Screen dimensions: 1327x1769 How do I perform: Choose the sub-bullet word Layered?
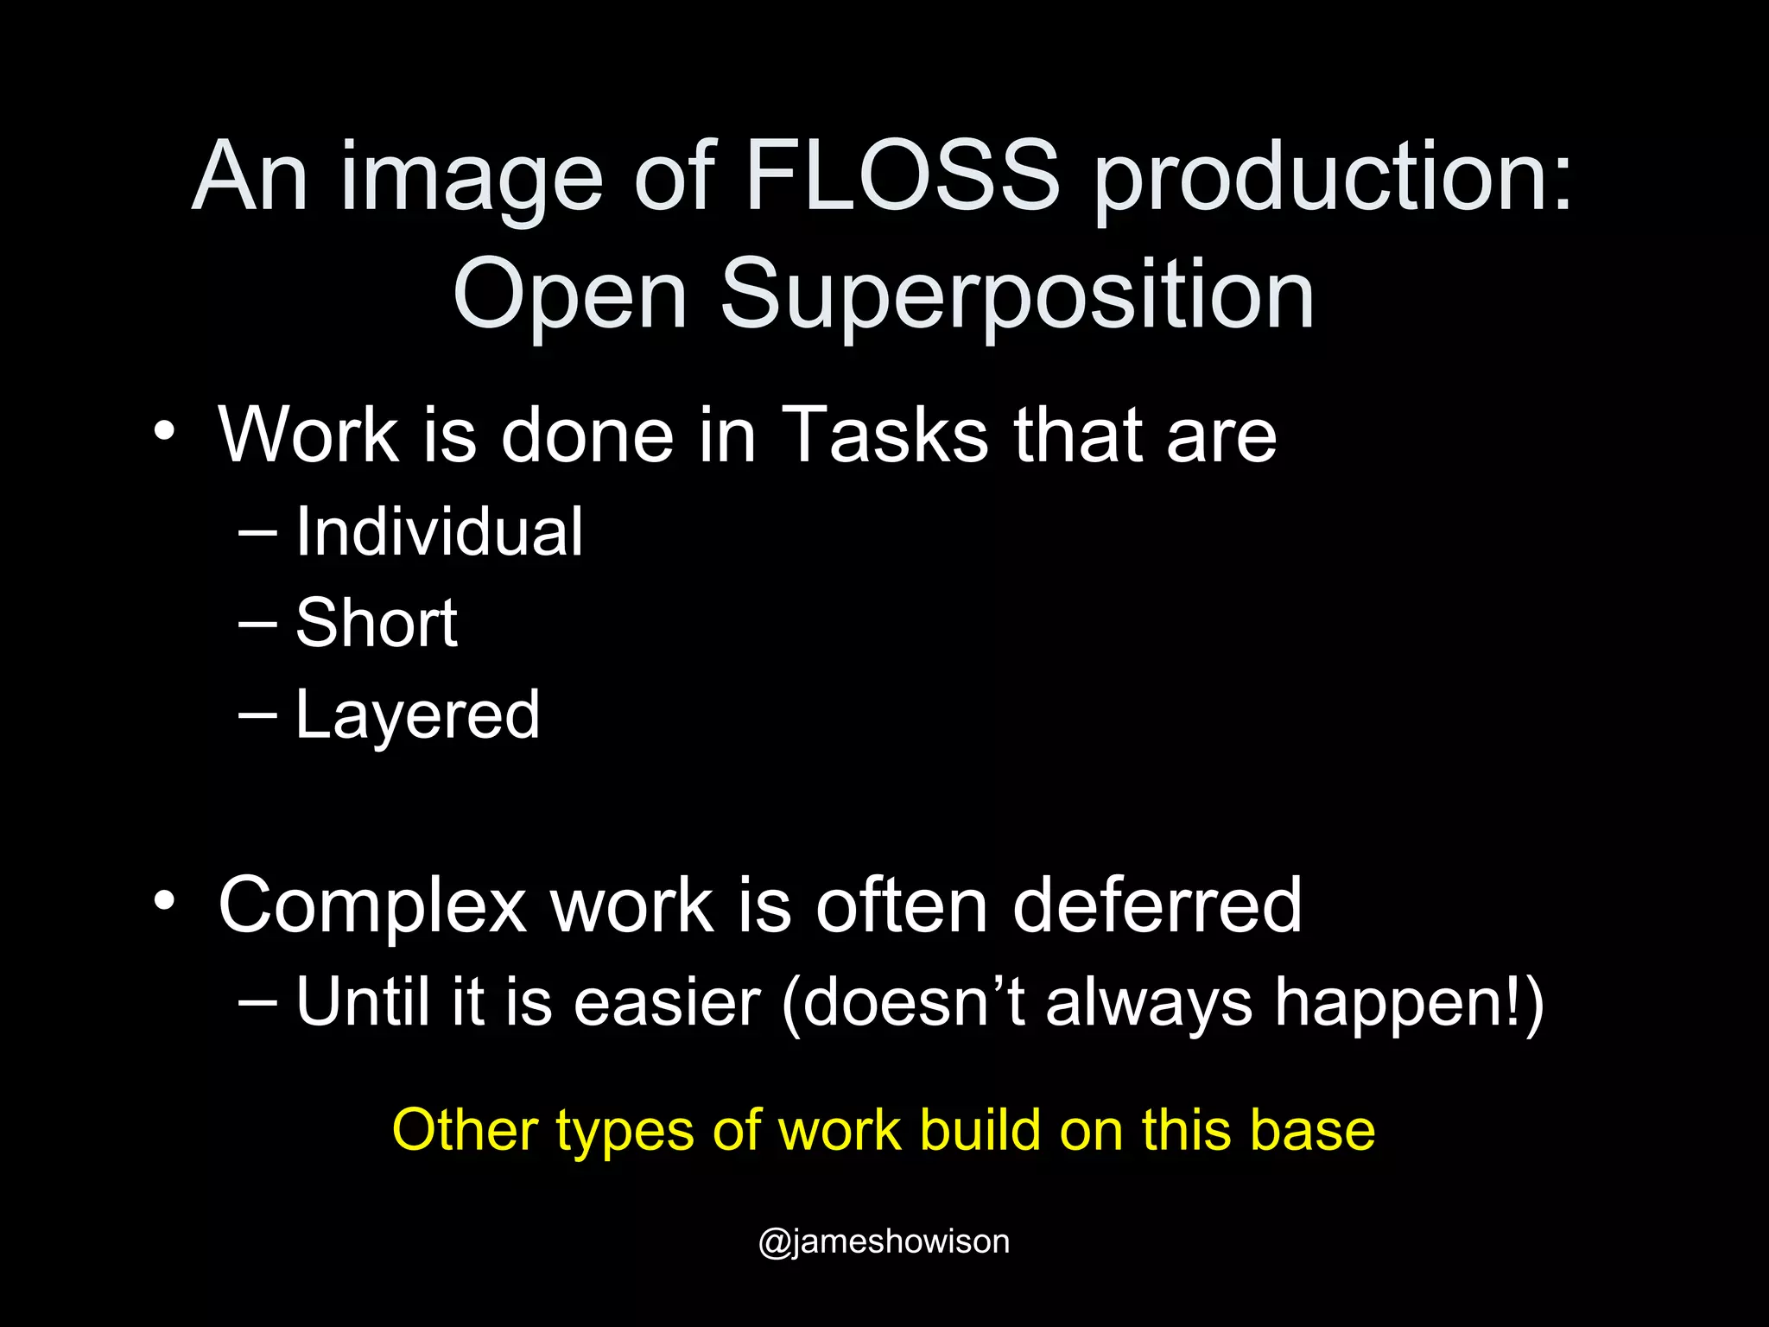417,715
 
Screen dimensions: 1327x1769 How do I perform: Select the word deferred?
1157,905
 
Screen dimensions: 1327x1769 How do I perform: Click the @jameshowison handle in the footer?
884,1241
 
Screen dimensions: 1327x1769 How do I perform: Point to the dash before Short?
257,623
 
